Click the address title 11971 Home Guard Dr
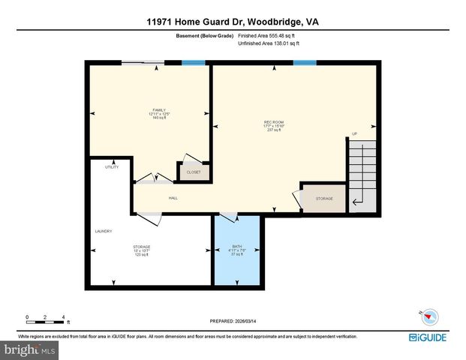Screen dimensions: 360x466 coord(233,22)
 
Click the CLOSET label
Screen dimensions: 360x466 coord(194,172)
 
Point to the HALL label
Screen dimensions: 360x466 coord(173,198)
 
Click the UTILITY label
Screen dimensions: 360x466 coord(112,166)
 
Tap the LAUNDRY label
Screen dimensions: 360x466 coord(104,231)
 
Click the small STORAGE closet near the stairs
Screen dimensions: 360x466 coord(324,199)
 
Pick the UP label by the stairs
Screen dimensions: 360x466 coord(355,135)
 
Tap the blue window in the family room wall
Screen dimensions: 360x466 coord(194,63)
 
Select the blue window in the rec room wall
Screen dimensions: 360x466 coord(304,63)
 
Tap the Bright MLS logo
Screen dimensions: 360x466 coord(30,350)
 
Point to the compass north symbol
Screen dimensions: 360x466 coord(421,314)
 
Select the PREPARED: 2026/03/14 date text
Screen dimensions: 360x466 coord(233,321)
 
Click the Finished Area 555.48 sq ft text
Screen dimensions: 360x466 coord(268,35)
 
